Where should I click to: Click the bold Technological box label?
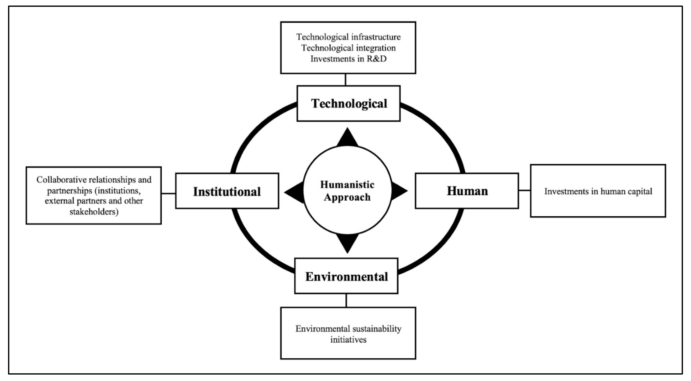pos(349,104)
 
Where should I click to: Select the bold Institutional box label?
pos(227,191)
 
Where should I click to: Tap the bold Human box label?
pos(467,191)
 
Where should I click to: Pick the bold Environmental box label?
pos(346,276)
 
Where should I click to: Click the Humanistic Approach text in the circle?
pos(347,191)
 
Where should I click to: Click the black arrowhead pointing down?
pos(347,243)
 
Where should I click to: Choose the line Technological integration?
pos(348,48)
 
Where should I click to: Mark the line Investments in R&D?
pos(348,59)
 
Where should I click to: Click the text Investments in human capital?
pos(598,191)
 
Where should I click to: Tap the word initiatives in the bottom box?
pos(348,340)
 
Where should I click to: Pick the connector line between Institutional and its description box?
pos(169,193)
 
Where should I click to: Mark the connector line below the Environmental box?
pos(346,300)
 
